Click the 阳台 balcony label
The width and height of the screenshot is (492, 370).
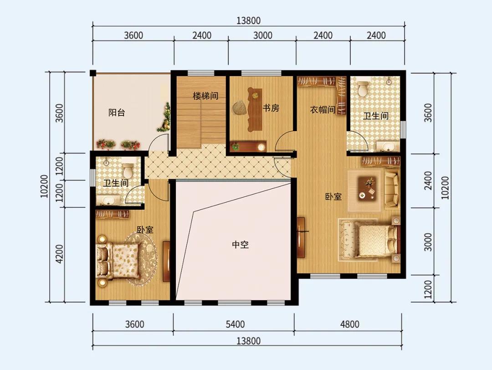117,112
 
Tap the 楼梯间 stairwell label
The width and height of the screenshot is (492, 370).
205,96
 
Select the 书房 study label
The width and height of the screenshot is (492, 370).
271,108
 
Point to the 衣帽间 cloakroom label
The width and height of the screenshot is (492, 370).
323,110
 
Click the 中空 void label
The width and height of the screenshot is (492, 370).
241,244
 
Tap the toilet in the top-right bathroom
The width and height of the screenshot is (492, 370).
363,88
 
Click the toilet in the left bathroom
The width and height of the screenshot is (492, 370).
128,170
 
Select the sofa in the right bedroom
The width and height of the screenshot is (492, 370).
392,190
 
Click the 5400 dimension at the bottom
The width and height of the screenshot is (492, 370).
236,324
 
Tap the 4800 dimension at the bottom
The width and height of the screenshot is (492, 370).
349,324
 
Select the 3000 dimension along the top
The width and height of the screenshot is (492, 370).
263,35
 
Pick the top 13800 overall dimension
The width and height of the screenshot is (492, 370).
248,20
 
